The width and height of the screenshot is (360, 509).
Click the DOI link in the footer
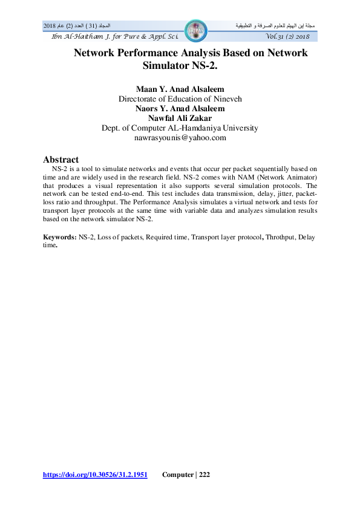(x=95, y=475)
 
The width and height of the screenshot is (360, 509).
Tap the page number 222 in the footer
(x=204, y=475)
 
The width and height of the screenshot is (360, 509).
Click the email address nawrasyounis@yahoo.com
(x=180, y=138)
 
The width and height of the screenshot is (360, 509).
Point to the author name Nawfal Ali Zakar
(x=180, y=118)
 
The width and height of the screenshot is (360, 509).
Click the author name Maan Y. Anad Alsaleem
(x=180, y=89)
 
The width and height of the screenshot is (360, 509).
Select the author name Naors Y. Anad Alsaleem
(x=180, y=109)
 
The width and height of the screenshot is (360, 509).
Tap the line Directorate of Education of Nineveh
(x=180, y=99)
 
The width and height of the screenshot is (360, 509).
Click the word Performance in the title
(x=154, y=53)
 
